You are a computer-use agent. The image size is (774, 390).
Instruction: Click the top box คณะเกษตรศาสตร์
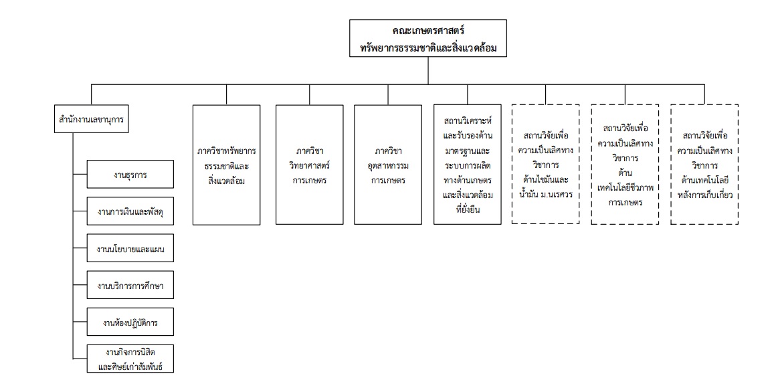pyautogui.click(x=428, y=38)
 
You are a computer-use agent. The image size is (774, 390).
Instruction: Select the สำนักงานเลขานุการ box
pyautogui.click(x=92, y=119)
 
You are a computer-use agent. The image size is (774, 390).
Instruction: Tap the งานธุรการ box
pyautogui.click(x=130, y=175)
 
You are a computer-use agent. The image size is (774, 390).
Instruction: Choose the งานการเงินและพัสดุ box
pyautogui.click(x=130, y=211)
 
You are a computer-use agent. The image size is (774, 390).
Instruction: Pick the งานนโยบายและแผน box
pyautogui.click(x=130, y=248)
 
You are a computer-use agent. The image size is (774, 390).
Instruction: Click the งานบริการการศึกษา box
pyautogui.click(x=130, y=285)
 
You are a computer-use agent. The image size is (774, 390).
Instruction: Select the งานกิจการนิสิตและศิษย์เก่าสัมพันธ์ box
pyautogui.click(x=130, y=359)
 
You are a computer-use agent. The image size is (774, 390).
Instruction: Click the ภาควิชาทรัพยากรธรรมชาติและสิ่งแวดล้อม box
pyautogui.click(x=227, y=165)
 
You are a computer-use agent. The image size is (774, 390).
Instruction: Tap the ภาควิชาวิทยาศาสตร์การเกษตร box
pyautogui.click(x=310, y=165)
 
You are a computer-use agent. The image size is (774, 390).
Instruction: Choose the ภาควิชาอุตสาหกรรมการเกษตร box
pyautogui.click(x=388, y=165)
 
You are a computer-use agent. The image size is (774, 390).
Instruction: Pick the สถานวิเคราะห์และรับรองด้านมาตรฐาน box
pyautogui.click(x=468, y=165)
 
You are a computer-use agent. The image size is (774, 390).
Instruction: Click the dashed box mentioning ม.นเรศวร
pyautogui.click(x=545, y=165)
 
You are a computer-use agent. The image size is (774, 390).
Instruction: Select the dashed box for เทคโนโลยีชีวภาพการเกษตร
pyautogui.click(x=625, y=165)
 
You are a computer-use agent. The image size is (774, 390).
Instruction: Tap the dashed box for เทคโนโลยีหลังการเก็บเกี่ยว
pyautogui.click(x=704, y=165)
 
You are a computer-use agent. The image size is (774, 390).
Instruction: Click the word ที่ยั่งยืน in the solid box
pyautogui.click(x=468, y=209)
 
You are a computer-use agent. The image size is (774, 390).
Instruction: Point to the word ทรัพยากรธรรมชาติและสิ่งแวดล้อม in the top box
pyautogui.click(x=428, y=47)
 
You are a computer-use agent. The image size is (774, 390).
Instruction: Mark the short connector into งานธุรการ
pyautogui.click(x=80, y=175)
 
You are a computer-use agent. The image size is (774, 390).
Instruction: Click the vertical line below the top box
pyautogui.click(x=428, y=71)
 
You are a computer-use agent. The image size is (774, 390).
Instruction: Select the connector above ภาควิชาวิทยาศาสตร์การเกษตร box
pyautogui.click(x=310, y=95)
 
